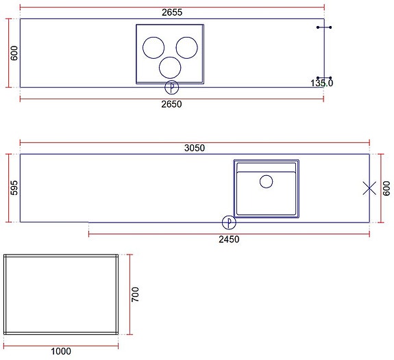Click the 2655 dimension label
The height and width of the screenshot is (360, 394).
[171, 12]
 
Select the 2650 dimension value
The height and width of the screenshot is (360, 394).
[171, 104]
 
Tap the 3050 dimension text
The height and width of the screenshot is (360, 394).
[195, 148]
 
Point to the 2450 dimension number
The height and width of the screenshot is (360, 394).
[229, 240]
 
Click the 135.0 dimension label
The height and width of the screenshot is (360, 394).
[321, 83]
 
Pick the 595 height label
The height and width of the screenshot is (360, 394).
[14, 189]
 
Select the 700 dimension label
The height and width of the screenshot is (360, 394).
[136, 294]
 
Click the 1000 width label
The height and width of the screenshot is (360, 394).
[61, 352]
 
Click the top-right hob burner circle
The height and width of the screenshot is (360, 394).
[186, 47]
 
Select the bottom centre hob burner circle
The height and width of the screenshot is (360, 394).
[170, 67]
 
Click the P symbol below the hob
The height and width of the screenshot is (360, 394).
[172, 87]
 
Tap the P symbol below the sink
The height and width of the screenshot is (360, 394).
[230, 222]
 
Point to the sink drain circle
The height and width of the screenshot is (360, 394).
[266, 181]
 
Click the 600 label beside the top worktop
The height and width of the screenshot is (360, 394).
[14, 53]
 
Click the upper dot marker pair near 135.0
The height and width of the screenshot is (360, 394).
[324, 27]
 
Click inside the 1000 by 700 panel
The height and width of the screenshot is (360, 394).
[62, 294]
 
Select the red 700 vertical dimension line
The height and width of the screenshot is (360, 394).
[128, 294]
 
